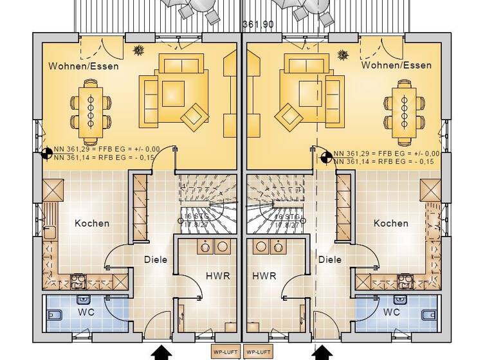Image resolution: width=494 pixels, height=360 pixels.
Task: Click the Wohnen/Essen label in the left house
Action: point(83,66)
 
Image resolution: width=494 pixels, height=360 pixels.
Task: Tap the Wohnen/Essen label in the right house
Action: point(396,66)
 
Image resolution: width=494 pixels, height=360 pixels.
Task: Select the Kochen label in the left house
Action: point(92,223)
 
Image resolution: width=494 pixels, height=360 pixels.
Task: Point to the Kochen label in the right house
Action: point(390,223)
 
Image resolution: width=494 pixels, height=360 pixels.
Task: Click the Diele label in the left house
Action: point(156,260)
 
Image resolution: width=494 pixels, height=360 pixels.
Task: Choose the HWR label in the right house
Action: point(264,276)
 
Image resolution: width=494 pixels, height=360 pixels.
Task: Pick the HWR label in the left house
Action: point(217,276)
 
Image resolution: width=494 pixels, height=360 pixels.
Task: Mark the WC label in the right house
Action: point(392,312)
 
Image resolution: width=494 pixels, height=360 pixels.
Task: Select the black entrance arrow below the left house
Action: point(161,352)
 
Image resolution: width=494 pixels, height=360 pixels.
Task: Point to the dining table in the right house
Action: point(404,113)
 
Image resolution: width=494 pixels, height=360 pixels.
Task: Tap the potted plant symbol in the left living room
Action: point(138,50)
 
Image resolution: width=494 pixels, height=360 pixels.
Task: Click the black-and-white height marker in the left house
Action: point(47,154)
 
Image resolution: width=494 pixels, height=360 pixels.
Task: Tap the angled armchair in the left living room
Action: point(195,116)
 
